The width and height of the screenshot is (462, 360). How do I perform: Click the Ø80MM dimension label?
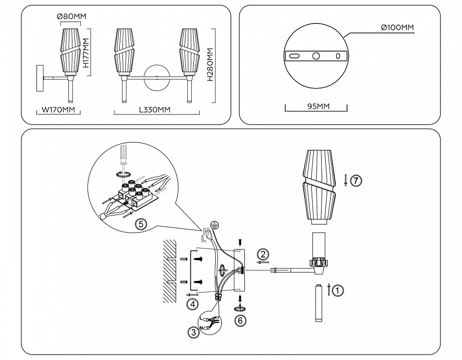72,16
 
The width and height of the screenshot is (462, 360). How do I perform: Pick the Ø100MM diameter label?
397,28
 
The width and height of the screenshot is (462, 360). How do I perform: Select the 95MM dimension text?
316,106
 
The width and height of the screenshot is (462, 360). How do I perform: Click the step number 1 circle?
338,290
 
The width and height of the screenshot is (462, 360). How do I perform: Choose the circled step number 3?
193,331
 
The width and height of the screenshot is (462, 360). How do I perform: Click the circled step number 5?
141,224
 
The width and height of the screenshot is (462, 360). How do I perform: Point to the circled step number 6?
241,320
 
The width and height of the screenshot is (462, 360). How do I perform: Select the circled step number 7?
355,181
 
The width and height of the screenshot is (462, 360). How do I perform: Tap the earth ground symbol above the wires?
215,225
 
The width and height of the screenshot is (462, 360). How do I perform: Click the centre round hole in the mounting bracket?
316,56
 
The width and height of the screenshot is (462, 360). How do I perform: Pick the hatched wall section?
169,269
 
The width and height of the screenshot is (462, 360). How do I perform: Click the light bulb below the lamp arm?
318,303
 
